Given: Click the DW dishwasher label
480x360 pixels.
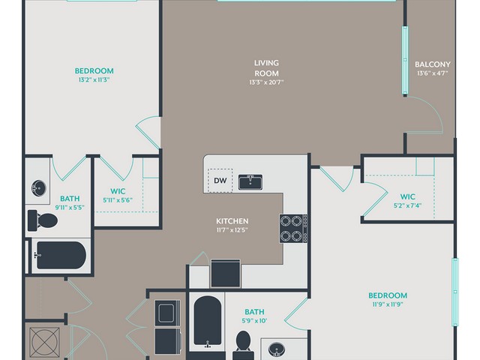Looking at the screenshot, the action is [220, 181].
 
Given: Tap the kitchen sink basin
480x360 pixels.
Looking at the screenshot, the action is [250, 181].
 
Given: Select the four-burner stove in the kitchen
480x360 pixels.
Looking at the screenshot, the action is [293, 228].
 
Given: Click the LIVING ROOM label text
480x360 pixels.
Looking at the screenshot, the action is [266, 68].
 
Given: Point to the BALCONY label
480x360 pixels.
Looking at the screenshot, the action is [433, 64].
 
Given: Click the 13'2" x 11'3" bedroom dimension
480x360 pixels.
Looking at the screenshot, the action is [94, 80].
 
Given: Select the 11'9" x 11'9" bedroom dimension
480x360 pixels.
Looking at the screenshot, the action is [388, 304].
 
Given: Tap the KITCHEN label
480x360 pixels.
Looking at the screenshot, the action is [232, 221].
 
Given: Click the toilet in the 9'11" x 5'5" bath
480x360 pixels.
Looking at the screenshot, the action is [43, 220].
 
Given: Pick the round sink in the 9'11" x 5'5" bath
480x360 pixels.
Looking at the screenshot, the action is [39, 187].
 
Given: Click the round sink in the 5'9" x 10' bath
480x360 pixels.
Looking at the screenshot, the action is [277, 349].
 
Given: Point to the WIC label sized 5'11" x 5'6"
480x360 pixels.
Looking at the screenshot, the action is [118, 191].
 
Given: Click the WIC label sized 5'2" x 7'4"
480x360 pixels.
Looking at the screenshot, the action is [408, 196].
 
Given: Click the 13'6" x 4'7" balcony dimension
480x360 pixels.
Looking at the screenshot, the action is [433, 73].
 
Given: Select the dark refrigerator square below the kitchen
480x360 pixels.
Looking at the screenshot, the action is [226, 273].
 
